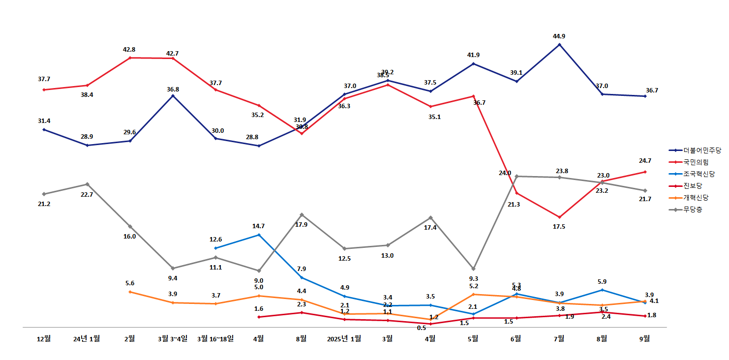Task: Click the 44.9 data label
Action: [x=559, y=36]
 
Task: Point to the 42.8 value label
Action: [x=129, y=50]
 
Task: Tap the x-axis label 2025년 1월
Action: [x=344, y=339]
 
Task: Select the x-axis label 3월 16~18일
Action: [x=215, y=339]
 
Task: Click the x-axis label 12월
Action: [x=44, y=339]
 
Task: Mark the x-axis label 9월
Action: [x=644, y=339]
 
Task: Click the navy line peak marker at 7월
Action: [x=559, y=45]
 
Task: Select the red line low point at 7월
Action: [x=559, y=217]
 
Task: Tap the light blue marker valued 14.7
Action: [x=259, y=235]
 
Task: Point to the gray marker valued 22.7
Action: [x=87, y=184]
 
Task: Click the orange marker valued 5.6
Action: [x=130, y=292]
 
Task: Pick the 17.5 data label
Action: [x=559, y=227]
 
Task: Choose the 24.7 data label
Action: [x=644, y=161]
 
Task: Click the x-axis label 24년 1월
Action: [x=87, y=339]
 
